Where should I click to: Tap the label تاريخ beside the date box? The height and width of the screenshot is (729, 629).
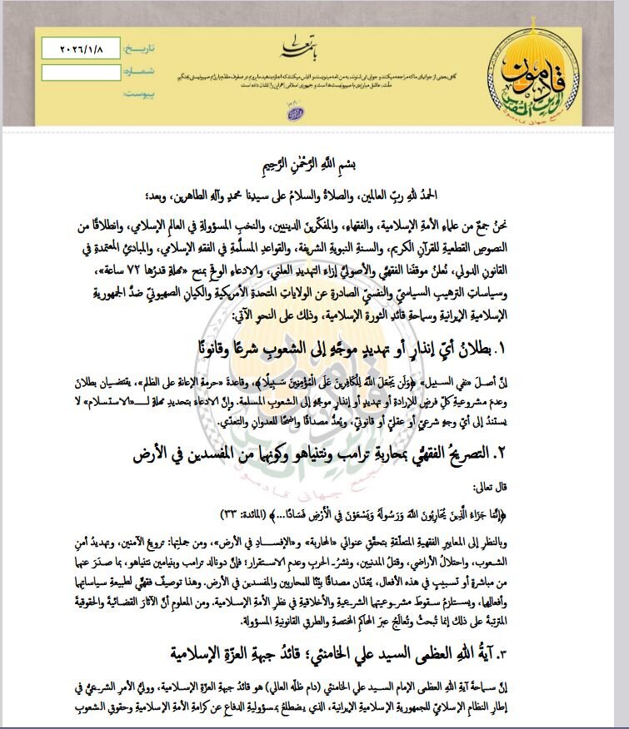point(138,49)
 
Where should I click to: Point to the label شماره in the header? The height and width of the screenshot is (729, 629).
point(138,72)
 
